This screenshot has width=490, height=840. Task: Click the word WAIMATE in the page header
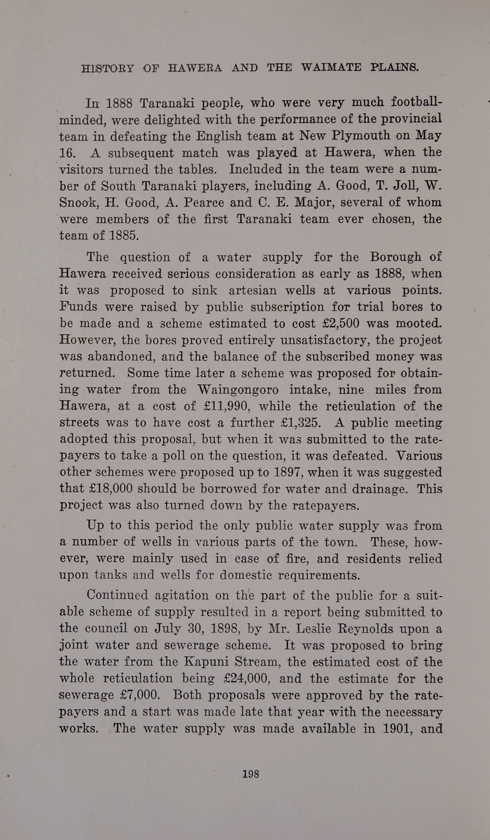331,67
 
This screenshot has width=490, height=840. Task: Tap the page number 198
251,774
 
